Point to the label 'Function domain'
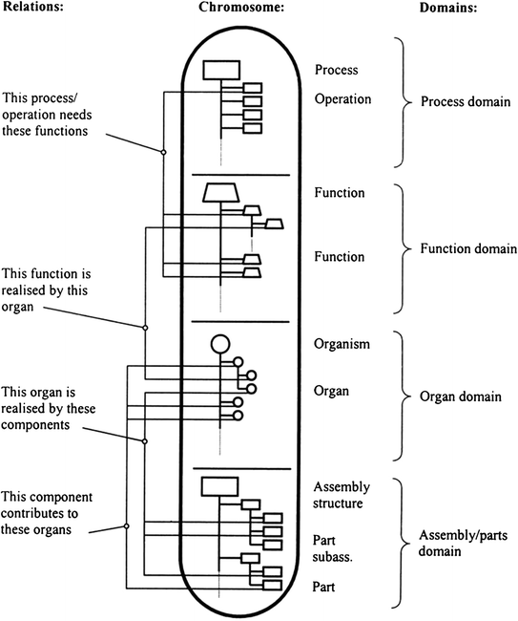(x=457, y=248)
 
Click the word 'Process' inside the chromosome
(x=336, y=70)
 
